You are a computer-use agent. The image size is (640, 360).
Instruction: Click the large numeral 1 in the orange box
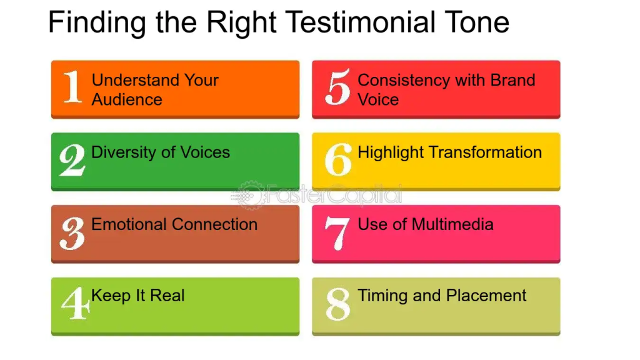[x=72, y=86]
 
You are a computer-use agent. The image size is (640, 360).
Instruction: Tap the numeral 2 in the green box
[x=72, y=159]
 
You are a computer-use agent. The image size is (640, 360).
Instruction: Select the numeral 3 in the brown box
[x=72, y=233]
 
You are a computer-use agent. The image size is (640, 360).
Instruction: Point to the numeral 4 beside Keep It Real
[x=76, y=304]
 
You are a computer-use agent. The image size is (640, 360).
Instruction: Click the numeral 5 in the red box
[x=337, y=86]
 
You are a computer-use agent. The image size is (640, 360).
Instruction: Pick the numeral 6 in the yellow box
[x=338, y=159]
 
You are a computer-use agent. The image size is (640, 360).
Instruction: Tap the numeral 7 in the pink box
[x=337, y=233]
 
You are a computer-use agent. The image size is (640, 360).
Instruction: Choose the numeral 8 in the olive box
[x=338, y=304]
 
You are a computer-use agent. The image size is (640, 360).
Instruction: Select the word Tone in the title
[x=477, y=22]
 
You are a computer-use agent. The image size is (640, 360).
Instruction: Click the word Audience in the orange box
[x=127, y=99]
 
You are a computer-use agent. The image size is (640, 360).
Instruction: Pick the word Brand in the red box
[x=512, y=80]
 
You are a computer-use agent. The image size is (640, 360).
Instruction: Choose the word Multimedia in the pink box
[x=452, y=224]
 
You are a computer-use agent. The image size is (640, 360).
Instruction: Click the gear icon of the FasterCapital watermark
[x=250, y=196]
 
